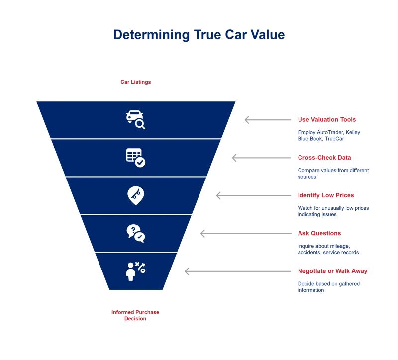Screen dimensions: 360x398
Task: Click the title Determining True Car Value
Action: pyautogui.click(x=199, y=35)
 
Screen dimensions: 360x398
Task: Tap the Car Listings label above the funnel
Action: pyautogui.click(x=135, y=83)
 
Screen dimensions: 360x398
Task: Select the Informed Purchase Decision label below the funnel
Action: pyautogui.click(x=135, y=315)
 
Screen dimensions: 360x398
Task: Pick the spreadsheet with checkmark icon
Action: pyautogui.click(x=135, y=158)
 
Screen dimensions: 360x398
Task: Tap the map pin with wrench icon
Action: pyautogui.click(x=135, y=195)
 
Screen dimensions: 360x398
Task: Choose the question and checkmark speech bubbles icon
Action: pyautogui.click(x=135, y=233)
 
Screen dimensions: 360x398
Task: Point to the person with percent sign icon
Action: pyautogui.click(x=135, y=271)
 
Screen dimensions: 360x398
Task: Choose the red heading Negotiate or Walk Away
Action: pyautogui.click(x=332, y=271)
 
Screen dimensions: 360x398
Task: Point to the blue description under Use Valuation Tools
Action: pyautogui.click(x=328, y=136)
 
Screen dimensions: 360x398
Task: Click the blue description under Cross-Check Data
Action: pyautogui.click(x=333, y=173)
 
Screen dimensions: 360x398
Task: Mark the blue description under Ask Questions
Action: pyautogui.click(x=328, y=249)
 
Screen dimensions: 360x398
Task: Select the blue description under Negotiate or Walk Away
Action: pyautogui.click(x=328, y=287)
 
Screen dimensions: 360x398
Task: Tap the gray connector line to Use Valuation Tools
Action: pyautogui.click(x=271, y=121)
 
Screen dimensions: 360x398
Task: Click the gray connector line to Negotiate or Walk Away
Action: pyautogui.click(x=241, y=272)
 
